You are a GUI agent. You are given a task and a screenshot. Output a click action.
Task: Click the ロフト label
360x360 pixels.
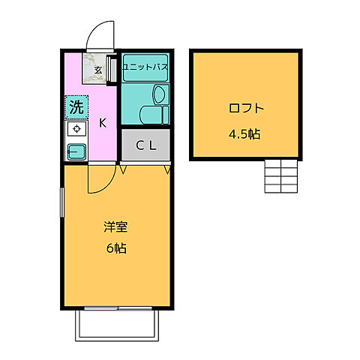(x=246, y=108)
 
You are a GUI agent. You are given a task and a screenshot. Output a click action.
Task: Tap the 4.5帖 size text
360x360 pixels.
(x=246, y=136)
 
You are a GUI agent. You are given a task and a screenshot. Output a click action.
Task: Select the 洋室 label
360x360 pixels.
(x=115, y=226)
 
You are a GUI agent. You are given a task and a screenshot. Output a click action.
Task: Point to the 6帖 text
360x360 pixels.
(x=115, y=247)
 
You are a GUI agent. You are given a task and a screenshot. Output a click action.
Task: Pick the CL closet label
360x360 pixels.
(x=145, y=145)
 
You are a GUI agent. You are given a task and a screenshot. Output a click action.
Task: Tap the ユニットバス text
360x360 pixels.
(x=145, y=65)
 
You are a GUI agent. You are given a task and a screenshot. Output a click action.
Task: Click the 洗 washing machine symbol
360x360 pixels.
(x=76, y=107)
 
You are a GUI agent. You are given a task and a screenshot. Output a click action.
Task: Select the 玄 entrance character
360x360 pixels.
(x=97, y=70)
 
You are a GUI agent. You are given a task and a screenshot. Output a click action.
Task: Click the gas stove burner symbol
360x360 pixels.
(x=76, y=129)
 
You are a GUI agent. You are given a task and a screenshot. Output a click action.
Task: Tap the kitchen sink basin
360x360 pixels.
(x=76, y=151)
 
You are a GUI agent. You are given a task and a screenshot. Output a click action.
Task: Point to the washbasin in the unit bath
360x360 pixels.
(x=159, y=94)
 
